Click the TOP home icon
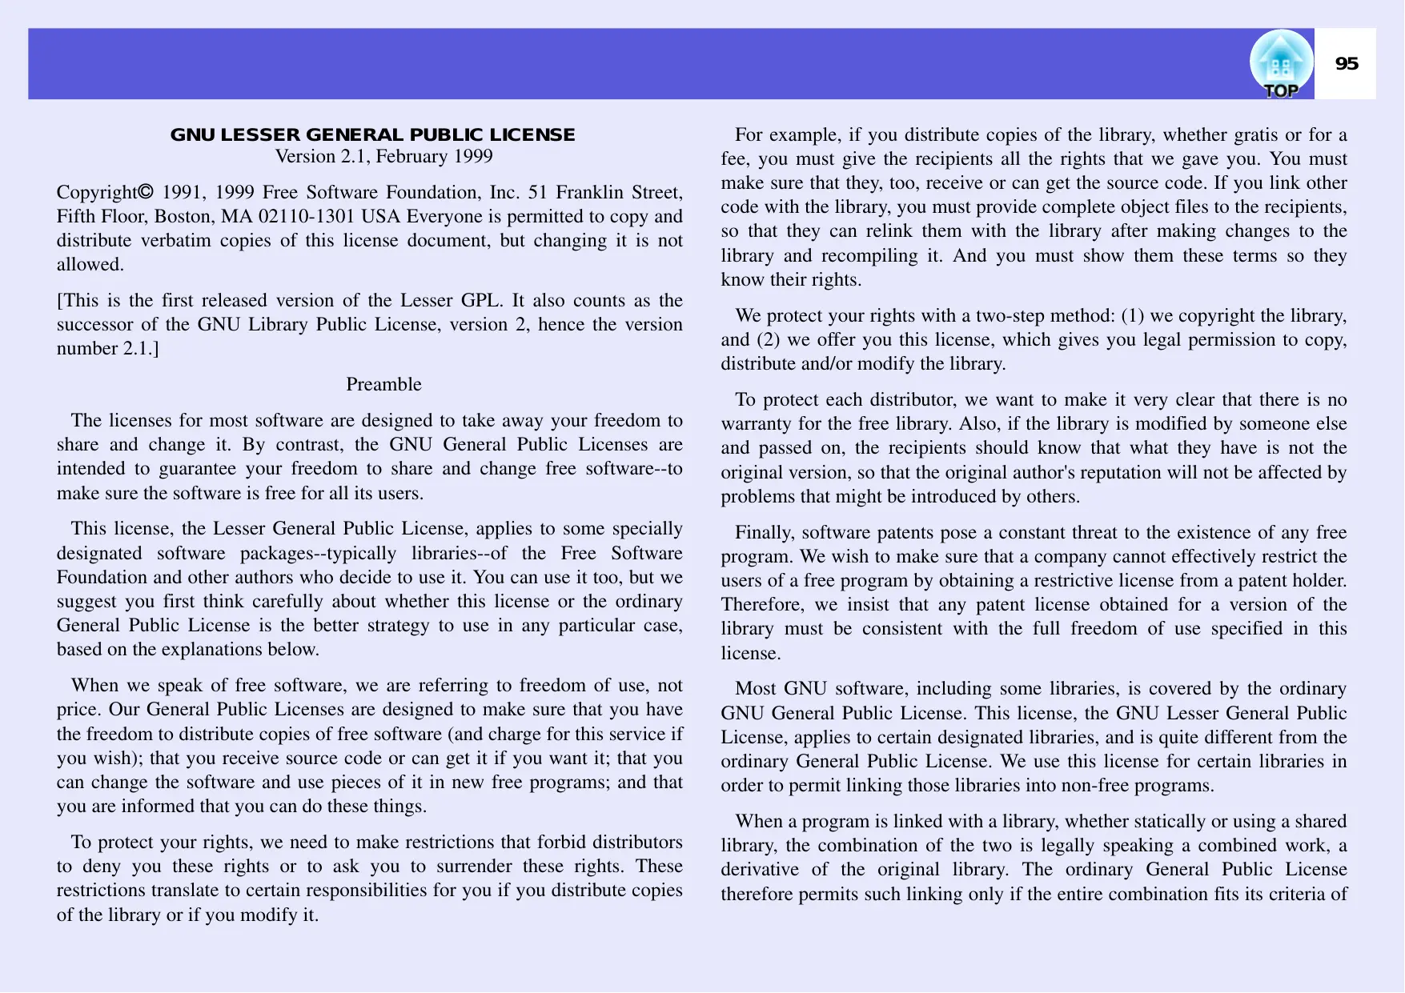coord(1281,65)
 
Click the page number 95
coord(1347,64)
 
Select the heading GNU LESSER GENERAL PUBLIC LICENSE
coord(372,134)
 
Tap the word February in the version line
coord(412,157)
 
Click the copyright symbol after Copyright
coord(145,192)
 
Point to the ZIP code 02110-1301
coord(307,217)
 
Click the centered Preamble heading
coord(383,385)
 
